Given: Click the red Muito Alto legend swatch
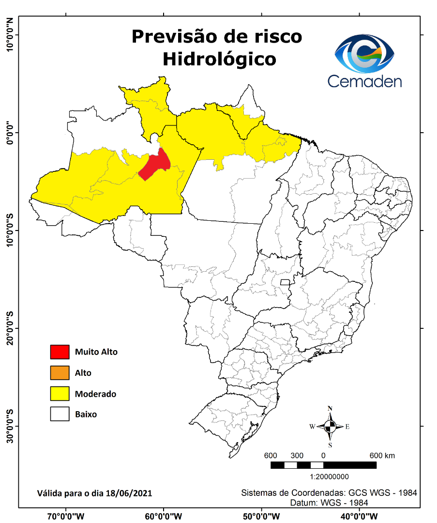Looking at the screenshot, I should [x=60, y=352].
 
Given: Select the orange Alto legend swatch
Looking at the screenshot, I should [x=60, y=373].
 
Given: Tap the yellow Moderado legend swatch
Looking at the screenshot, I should [x=60, y=394].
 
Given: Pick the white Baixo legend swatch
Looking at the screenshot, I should [x=60, y=415].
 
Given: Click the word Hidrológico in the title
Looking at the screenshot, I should [x=219, y=59].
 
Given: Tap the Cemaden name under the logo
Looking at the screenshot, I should [x=364, y=80].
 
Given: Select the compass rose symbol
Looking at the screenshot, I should [x=330, y=427].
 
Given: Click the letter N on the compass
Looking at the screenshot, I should [x=330, y=408].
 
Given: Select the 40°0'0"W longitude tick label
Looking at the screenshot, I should [x=359, y=516].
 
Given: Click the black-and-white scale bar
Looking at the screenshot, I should [x=323, y=465].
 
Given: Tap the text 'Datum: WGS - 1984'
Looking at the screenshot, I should [x=329, y=503].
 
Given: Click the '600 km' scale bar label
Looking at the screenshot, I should [x=382, y=456].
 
